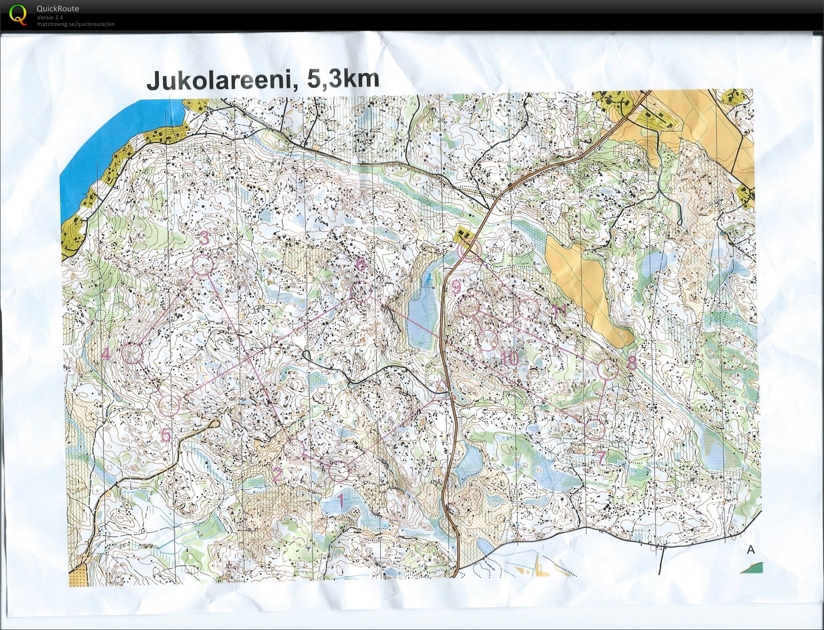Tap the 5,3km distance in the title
pyautogui.click(x=343, y=79)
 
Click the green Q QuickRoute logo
pyautogui.click(x=18, y=14)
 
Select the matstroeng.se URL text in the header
pyautogui.click(x=76, y=24)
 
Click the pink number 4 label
pyautogui.click(x=106, y=353)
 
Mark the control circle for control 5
pyautogui.click(x=169, y=405)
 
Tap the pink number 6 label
pyautogui.click(x=360, y=265)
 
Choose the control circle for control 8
pyautogui.click(x=610, y=369)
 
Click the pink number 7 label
pyautogui.click(x=601, y=458)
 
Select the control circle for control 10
pyautogui.click(x=487, y=340)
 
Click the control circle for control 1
pyautogui.click(x=339, y=471)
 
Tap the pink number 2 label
pyautogui.click(x=277, y=474)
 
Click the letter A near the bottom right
pyautogui.click(x=750, y=549)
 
